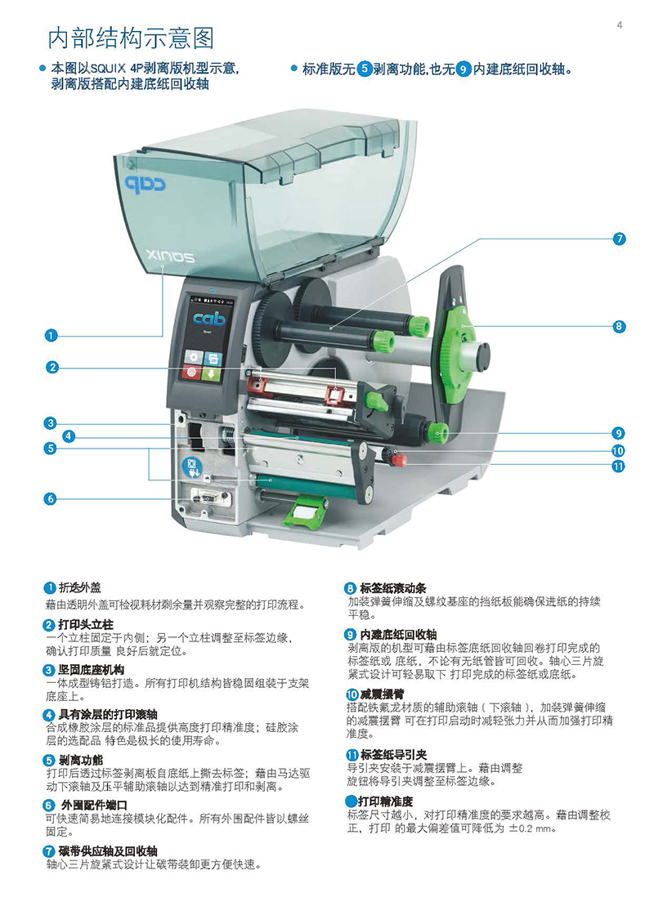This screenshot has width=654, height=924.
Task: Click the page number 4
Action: point(619,25)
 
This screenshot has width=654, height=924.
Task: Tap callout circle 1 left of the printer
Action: point(52,335)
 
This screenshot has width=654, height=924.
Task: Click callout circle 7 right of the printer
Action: point(619,239)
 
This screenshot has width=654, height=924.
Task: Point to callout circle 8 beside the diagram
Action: point(619,326)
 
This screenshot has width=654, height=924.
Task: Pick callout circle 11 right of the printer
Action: point(618,466)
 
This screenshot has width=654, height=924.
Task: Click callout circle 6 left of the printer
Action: point(51,498)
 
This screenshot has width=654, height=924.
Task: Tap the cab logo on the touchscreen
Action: point(208,319)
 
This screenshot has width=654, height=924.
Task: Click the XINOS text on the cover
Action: point(170,257)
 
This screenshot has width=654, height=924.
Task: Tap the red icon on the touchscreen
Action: point(191,372)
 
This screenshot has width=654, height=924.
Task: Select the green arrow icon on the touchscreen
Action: point(211,373)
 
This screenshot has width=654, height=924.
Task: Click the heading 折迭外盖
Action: point(79,587)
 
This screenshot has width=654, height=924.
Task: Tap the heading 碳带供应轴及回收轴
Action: point(108,851)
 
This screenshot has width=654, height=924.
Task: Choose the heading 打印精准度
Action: point(386,801)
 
